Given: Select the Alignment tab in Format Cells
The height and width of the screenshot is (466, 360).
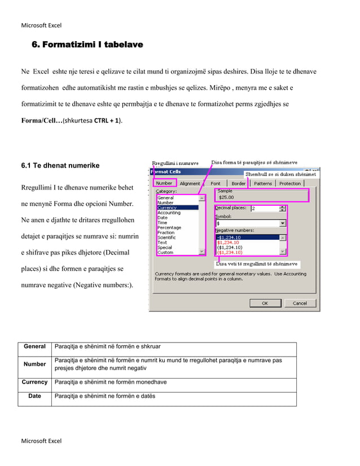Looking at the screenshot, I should (190, 183).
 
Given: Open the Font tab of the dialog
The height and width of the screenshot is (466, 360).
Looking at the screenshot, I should (216, 183).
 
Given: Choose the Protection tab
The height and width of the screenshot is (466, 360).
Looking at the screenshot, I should (290, 183).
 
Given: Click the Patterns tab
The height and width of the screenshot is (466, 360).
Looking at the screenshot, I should (262, 183).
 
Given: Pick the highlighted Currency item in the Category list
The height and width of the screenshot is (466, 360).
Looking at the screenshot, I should (167, 208).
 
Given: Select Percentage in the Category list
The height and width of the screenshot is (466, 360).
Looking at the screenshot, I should (169, 228).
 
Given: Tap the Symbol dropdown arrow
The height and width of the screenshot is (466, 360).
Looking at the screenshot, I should (283, 223).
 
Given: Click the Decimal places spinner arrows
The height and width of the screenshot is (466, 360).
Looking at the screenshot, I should (283, 208).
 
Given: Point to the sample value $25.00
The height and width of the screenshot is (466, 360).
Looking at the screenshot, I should (226, 197).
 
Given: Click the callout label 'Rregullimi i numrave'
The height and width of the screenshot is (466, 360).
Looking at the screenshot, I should (175, 164).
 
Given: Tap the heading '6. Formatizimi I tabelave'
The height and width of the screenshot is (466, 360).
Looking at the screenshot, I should (87, 44).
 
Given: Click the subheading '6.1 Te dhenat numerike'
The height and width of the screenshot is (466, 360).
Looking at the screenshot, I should (60, 166).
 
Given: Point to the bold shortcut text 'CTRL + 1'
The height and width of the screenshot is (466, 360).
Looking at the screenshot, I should (106, 121).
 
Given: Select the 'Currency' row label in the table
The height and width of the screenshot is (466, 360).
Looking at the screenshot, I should (34, 383).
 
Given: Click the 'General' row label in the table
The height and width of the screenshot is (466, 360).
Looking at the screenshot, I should (34, 346).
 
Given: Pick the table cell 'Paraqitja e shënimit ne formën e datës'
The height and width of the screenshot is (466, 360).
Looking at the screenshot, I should (104, 396).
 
